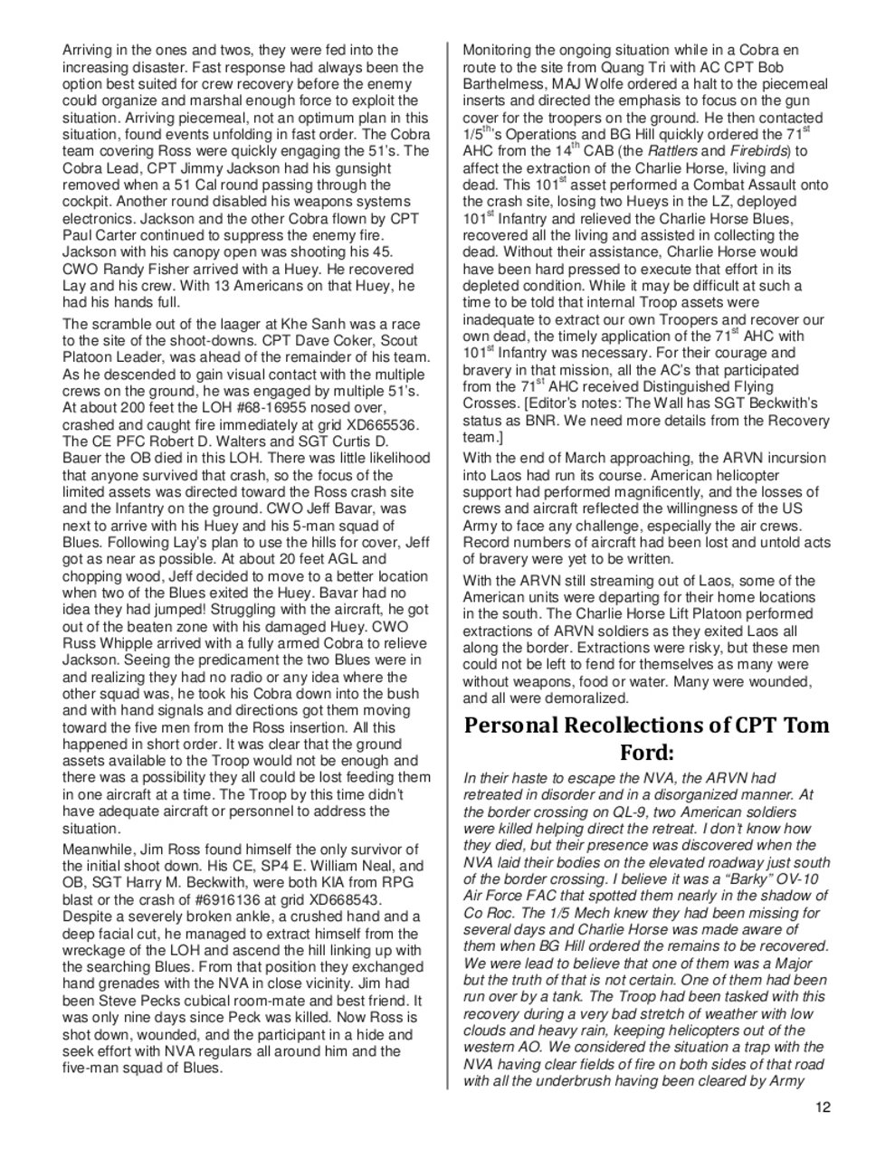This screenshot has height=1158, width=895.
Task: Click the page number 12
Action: pyautogui.click(x=823, y=1106)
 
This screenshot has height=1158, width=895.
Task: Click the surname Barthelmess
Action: pyautogui.click(x=506, y=84)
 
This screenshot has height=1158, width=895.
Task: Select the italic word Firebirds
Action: pyautogui.click(x=757, y=151)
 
